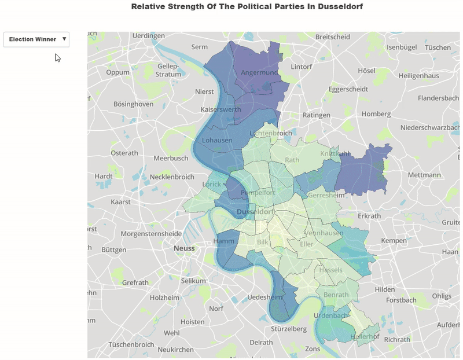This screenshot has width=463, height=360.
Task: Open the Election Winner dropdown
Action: tap(36, 39)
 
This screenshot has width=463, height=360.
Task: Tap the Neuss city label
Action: tap(185, 248)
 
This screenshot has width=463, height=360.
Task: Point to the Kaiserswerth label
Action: tap(221, 109)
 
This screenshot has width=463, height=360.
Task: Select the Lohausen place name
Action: tap(217, 140)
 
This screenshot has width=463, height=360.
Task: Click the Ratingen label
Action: tap(316, 115)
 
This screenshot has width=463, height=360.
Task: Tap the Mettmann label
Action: tap(424, 174)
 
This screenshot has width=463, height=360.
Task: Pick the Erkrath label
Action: tap(370, 216)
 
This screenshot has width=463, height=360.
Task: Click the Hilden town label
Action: tap(384, 289)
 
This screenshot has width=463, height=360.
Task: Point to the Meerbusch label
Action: tap(171, 158)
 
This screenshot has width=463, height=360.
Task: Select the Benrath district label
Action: tap(336, 295)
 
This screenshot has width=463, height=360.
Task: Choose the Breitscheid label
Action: tap(333, 37)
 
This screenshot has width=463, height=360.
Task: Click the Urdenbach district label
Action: tap(331, 315)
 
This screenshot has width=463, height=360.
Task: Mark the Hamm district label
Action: tap(223, 241)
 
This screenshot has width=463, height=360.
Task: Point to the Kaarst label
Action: tap(120, 202)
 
